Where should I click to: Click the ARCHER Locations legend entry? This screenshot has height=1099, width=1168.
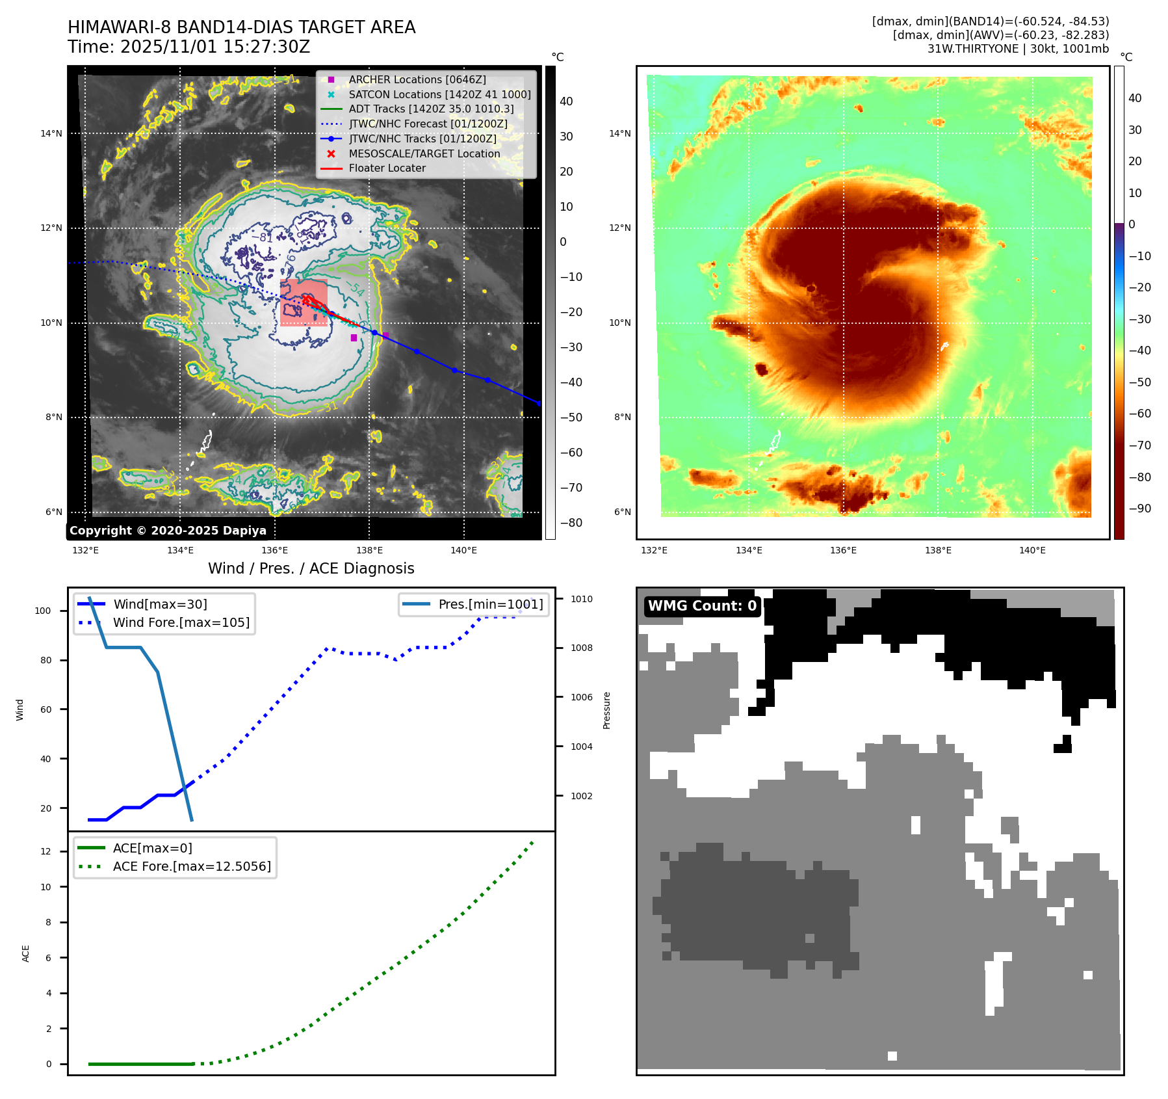pos(417,79)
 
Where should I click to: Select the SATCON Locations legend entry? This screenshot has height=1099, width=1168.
pos(439,94)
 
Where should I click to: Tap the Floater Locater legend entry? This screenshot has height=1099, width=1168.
pos(387,168)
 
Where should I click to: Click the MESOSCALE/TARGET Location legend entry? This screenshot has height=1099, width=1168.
pos(424,153)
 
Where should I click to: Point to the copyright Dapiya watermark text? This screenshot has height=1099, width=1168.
pos(168,531)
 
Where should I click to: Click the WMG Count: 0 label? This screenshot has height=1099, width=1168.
pos(702,606)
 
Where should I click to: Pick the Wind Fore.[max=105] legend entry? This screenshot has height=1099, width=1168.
pos(181,622)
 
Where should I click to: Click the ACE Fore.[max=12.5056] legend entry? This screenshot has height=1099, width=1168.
pos(191,866)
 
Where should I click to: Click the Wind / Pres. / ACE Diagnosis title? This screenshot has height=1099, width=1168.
pos(311,568)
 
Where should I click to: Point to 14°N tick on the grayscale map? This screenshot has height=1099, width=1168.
pos(51,134)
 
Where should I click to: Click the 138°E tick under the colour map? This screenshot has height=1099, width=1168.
pos(938,550)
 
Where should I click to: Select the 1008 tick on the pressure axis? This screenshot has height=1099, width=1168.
pos(581,648)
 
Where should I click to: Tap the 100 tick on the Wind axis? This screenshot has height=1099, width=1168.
pos(42,611)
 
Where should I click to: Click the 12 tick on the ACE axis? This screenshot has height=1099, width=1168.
pos(45,851)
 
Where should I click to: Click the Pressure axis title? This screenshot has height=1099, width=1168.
pos(606,710)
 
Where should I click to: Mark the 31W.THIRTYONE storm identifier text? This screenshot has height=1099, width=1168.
pos(972,49)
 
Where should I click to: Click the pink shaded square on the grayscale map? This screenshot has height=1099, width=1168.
pos(304,302)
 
